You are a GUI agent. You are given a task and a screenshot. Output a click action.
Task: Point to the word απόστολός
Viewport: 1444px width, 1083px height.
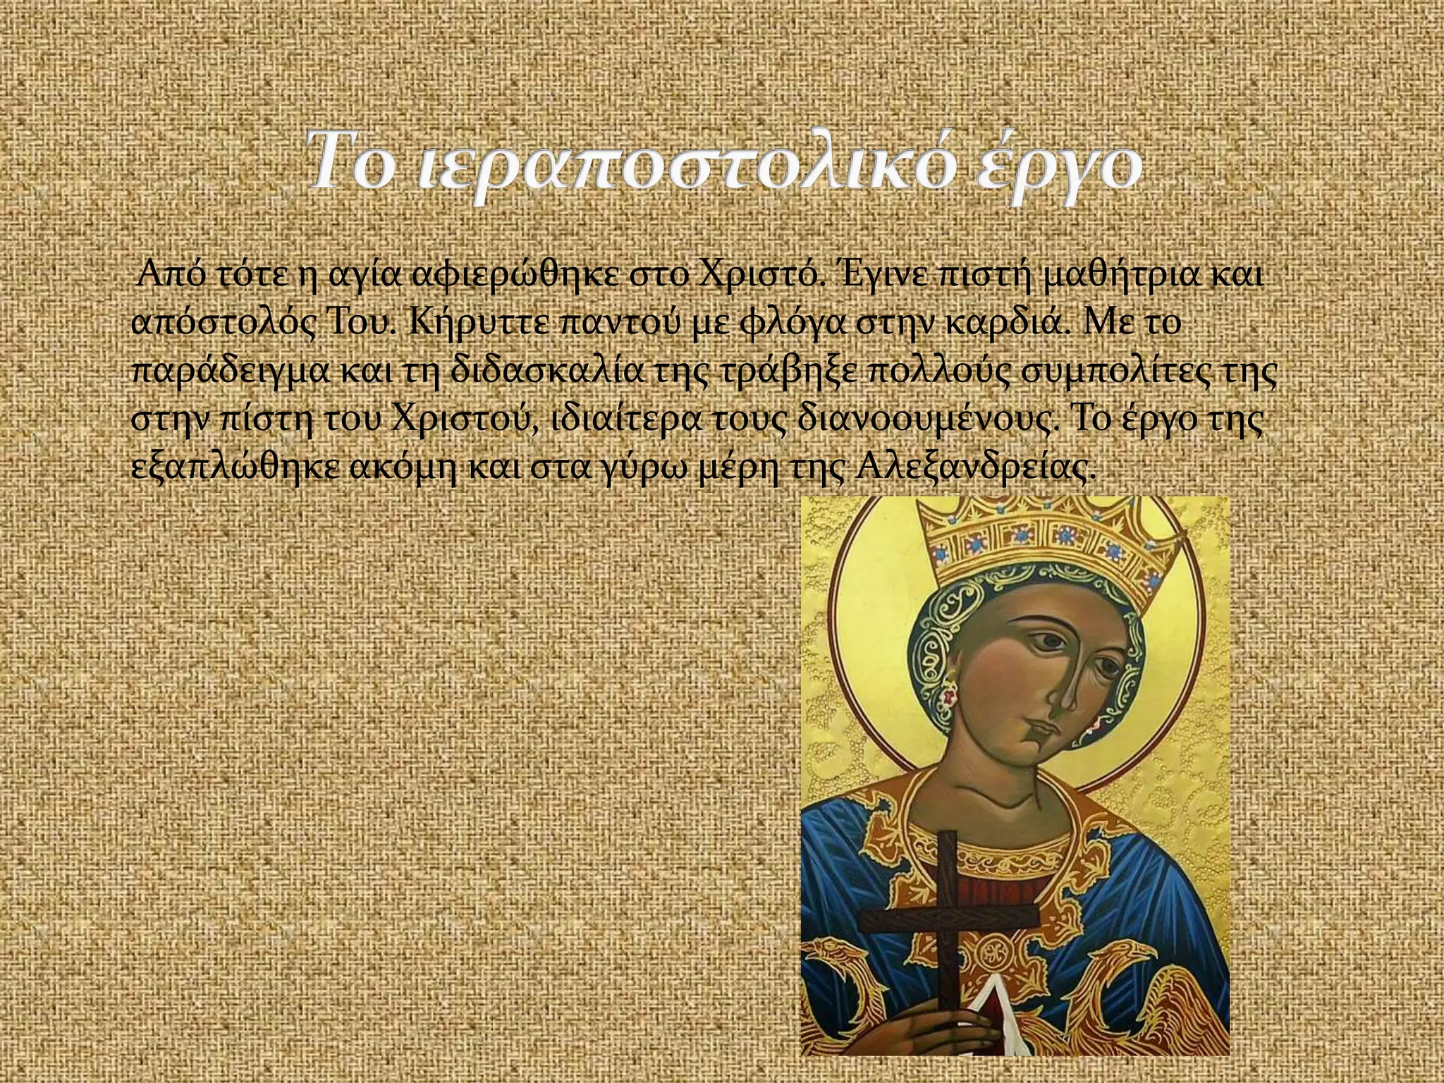[225, 325]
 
